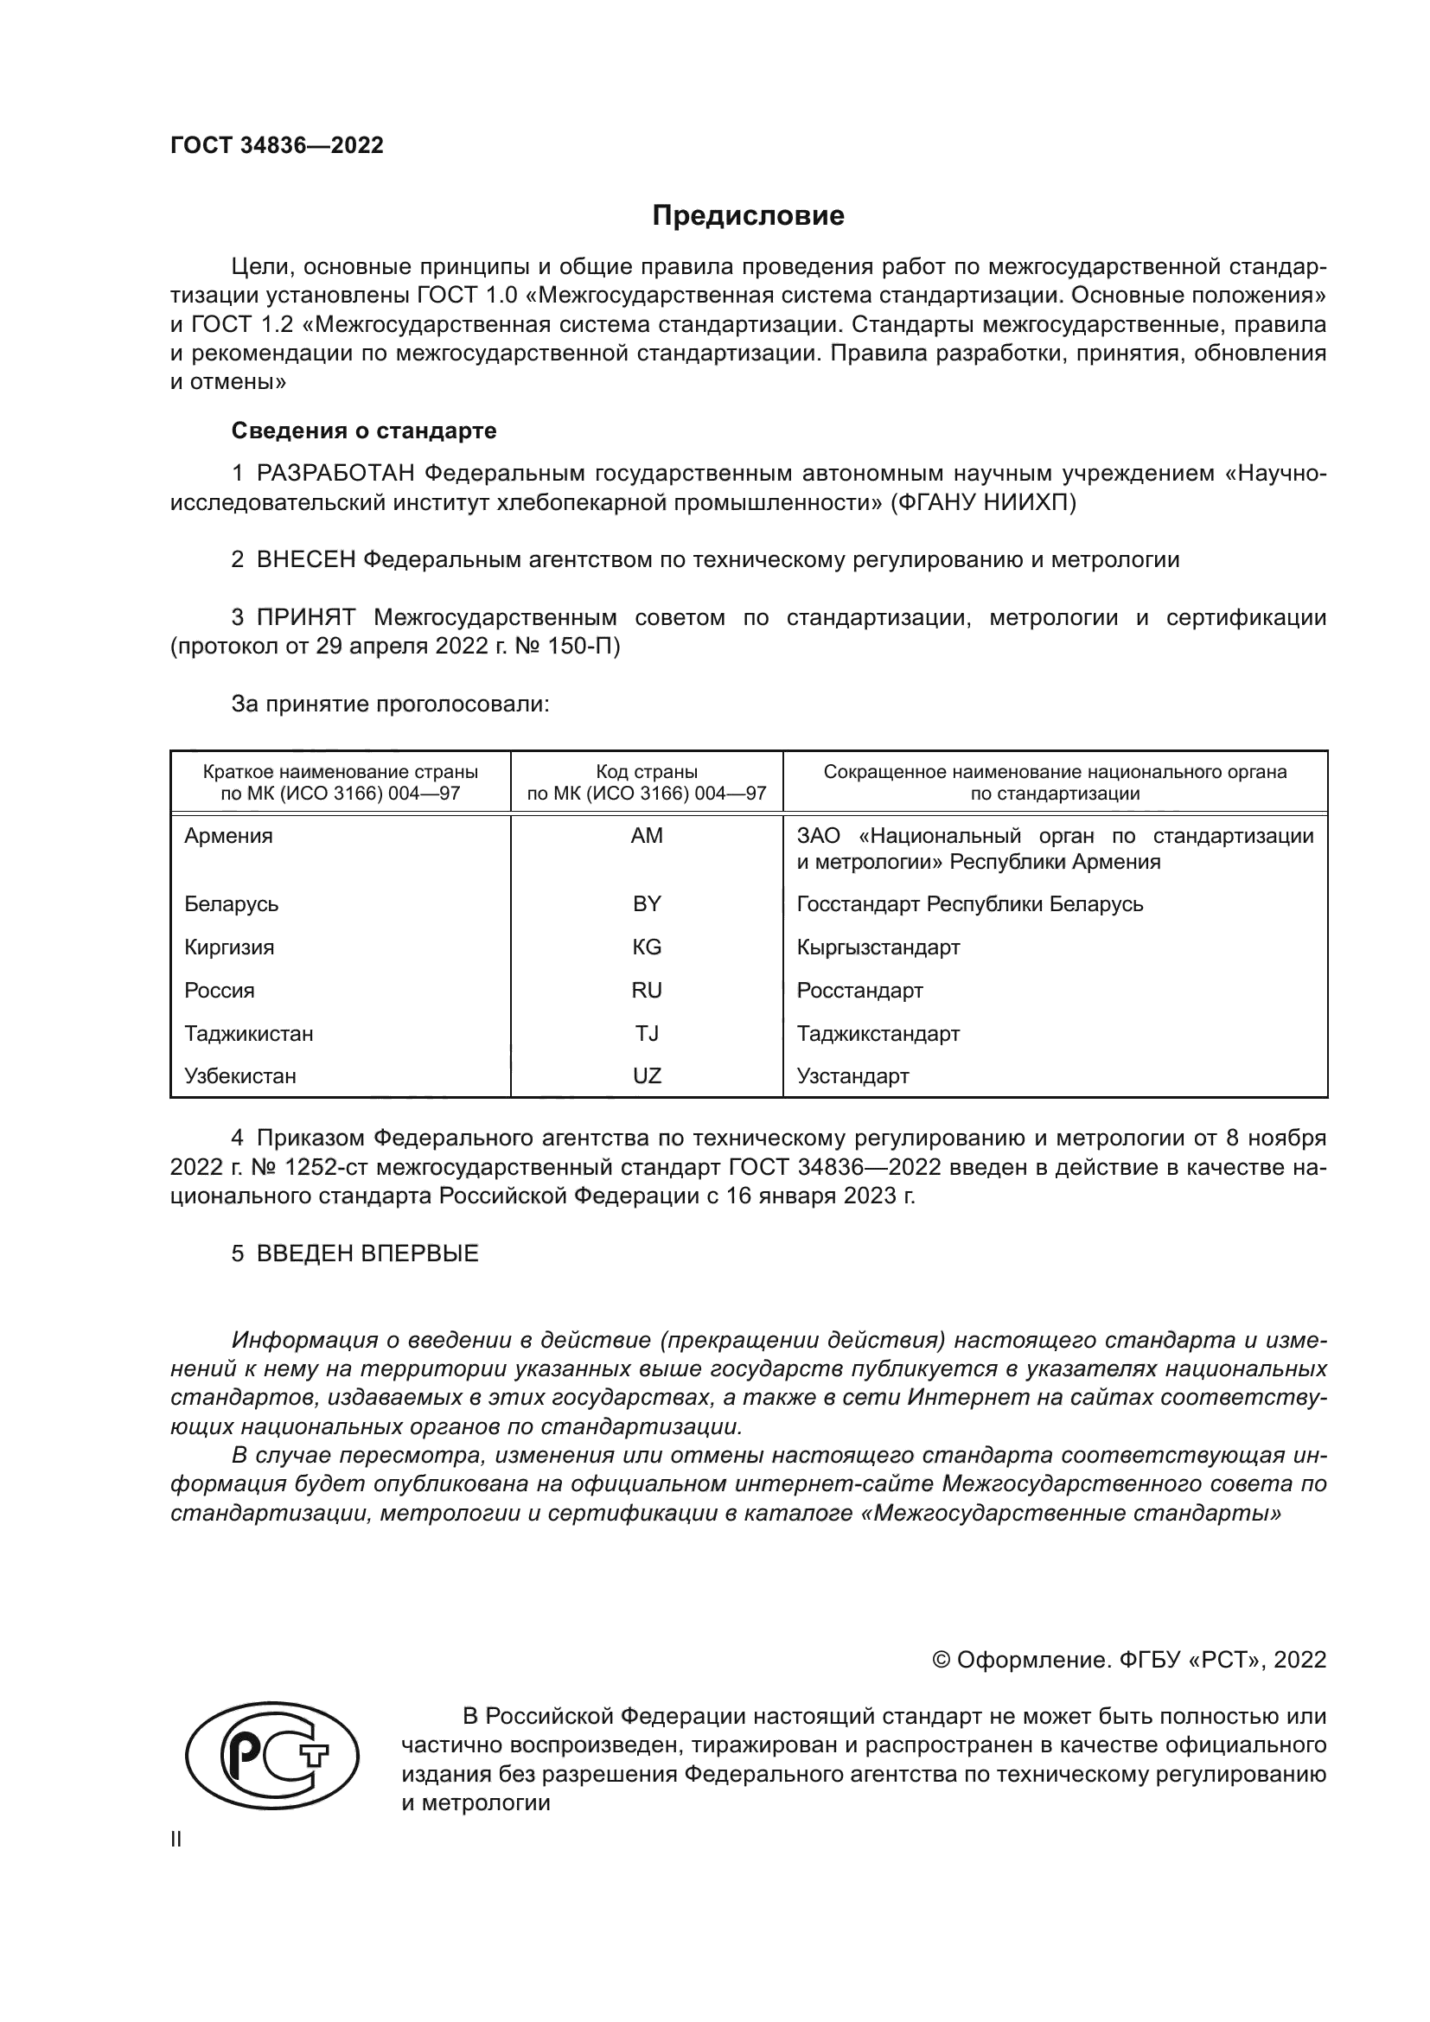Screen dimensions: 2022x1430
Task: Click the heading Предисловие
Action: (748, 216)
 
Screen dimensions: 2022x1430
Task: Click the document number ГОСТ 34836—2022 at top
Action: (277, 146)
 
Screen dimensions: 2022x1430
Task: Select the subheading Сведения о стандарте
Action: (364, 431)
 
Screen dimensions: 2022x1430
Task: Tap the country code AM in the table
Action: (647, 836)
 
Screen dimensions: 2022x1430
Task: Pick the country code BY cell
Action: (647, 903)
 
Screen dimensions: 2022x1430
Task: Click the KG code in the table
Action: (647, 947)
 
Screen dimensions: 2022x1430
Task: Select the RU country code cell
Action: (647, 990)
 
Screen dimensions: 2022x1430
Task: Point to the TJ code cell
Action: (647, 1033)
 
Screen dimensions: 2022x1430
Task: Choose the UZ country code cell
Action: (647, 1075)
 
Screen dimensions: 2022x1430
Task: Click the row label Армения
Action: (228, 836)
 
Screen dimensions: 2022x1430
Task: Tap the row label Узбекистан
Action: (239, 1075)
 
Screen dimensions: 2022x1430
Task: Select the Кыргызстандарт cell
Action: (878, 947)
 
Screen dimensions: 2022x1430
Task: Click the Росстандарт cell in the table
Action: (859, 990)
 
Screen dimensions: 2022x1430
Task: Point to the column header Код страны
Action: (647, 772)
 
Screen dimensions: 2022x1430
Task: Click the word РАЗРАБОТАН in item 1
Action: (335, 474)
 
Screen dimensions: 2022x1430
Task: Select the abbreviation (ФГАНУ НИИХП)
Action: (983, 503)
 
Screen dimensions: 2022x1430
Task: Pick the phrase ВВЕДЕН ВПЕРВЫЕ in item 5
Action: (367, 1254)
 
